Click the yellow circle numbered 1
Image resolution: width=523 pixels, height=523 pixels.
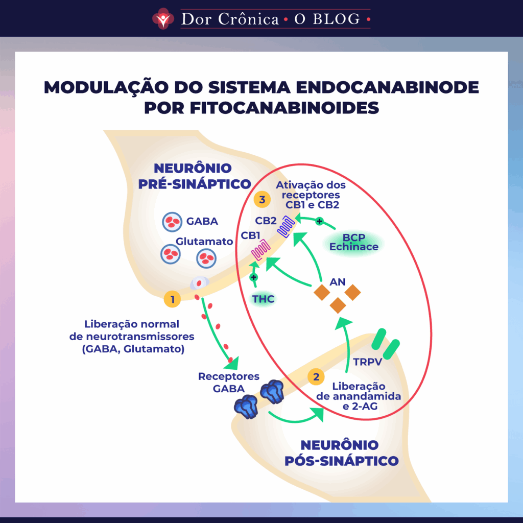pyautogui.click(x=173, y=299)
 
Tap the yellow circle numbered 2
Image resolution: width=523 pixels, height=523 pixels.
pyautogui.click(x=316, y=377)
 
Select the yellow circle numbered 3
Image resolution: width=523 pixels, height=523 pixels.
pyautogui.click(x=262, y=200)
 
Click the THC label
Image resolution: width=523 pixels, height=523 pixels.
pyautogui.click(x=264, y=299)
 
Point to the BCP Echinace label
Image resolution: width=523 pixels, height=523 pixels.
pyautogui.click(x=354, y=243)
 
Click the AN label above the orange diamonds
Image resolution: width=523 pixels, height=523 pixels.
pyautogui.click(x=338, y=282)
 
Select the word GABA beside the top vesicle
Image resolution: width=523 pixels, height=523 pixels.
pyautogui.click(x=202, y=222)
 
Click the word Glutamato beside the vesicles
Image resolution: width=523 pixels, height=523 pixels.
pyautogui.click(x=204, y=241)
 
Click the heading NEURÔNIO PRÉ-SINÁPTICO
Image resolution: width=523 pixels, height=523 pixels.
pyautogui.click(x=195, y=176)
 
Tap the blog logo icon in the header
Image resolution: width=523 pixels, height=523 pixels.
pyautogui.click(x=163, y=18)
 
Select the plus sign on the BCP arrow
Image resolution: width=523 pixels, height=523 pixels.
pyautogui.click(x=320, y=222)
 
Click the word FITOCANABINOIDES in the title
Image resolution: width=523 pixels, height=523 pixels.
pyautogui.click(x=261, y=108)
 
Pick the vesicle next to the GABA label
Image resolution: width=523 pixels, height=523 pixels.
pyautogui.click(x=172, y=222)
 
